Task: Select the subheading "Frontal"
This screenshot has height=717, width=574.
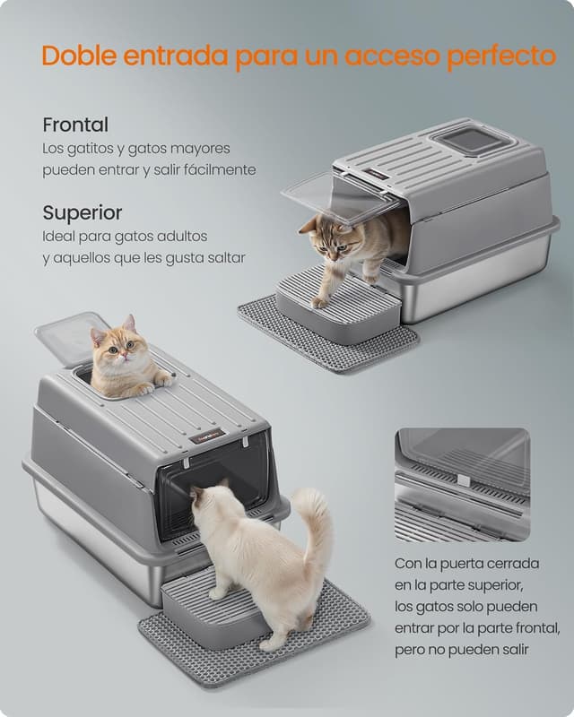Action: [x=75, y=125]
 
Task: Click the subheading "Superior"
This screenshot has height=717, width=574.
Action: [x=83, y=213]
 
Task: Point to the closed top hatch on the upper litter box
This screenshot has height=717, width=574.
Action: [x=471, y=138]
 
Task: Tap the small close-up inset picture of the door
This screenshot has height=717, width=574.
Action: [x=461, y=485]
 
